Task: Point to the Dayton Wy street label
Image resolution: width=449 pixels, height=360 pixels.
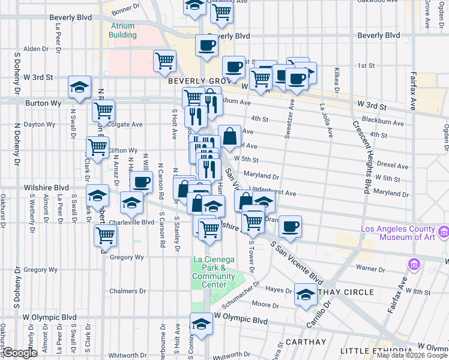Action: [40, 125]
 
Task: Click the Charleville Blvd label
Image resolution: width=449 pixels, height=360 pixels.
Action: [132, 222]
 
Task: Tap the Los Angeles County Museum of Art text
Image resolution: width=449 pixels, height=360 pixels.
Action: [398, 233]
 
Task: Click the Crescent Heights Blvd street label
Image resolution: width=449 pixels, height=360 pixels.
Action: [361, 155]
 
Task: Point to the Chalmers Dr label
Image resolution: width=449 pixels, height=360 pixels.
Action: [128, 291]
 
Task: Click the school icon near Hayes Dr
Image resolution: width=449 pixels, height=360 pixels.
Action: [306, 294]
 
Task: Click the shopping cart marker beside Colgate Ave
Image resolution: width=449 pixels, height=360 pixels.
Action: [104, 111]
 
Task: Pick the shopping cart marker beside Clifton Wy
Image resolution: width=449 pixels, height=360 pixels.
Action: [97, 146]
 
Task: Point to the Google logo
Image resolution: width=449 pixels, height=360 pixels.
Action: [19, 353]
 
